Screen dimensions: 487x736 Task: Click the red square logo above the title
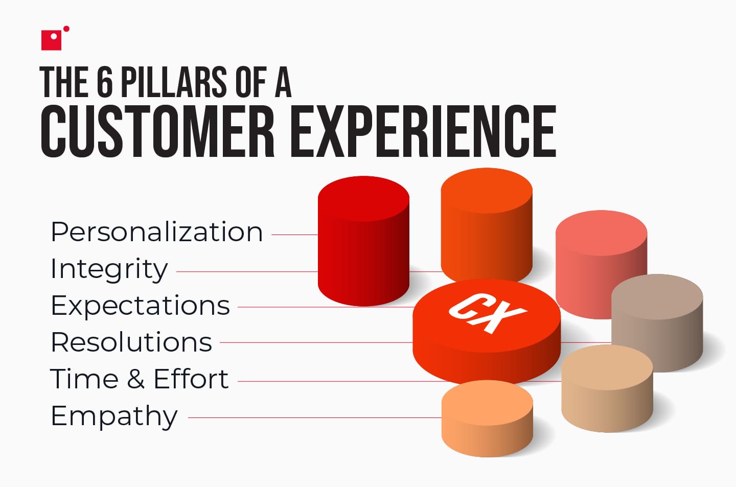click(51, 40)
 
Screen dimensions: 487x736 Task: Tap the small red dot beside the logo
click(66, 29)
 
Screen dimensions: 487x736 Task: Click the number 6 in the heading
click(104, 82)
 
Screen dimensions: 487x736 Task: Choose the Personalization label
click(156, 233)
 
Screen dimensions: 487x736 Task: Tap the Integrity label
click(109, 269)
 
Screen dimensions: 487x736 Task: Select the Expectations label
click(140, 306)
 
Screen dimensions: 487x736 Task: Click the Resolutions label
click(131, 342)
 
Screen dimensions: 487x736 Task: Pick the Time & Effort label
click(139, 379)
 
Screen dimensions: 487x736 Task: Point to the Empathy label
click(114, 416)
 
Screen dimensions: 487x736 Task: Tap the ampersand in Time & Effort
click(135, 379)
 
